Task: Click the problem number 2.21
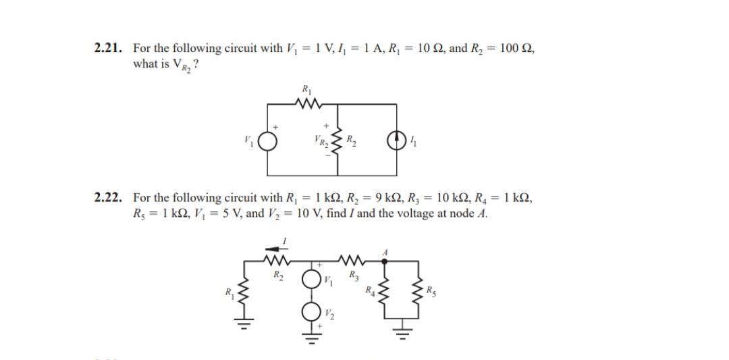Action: click(x=109, y=49)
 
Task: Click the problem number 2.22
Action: click(x=109, y=198)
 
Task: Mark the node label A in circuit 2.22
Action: click(x=385, y=250)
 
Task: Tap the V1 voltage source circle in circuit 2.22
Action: click(x=312, y=278)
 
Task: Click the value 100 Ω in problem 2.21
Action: click(x=517, y=49)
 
